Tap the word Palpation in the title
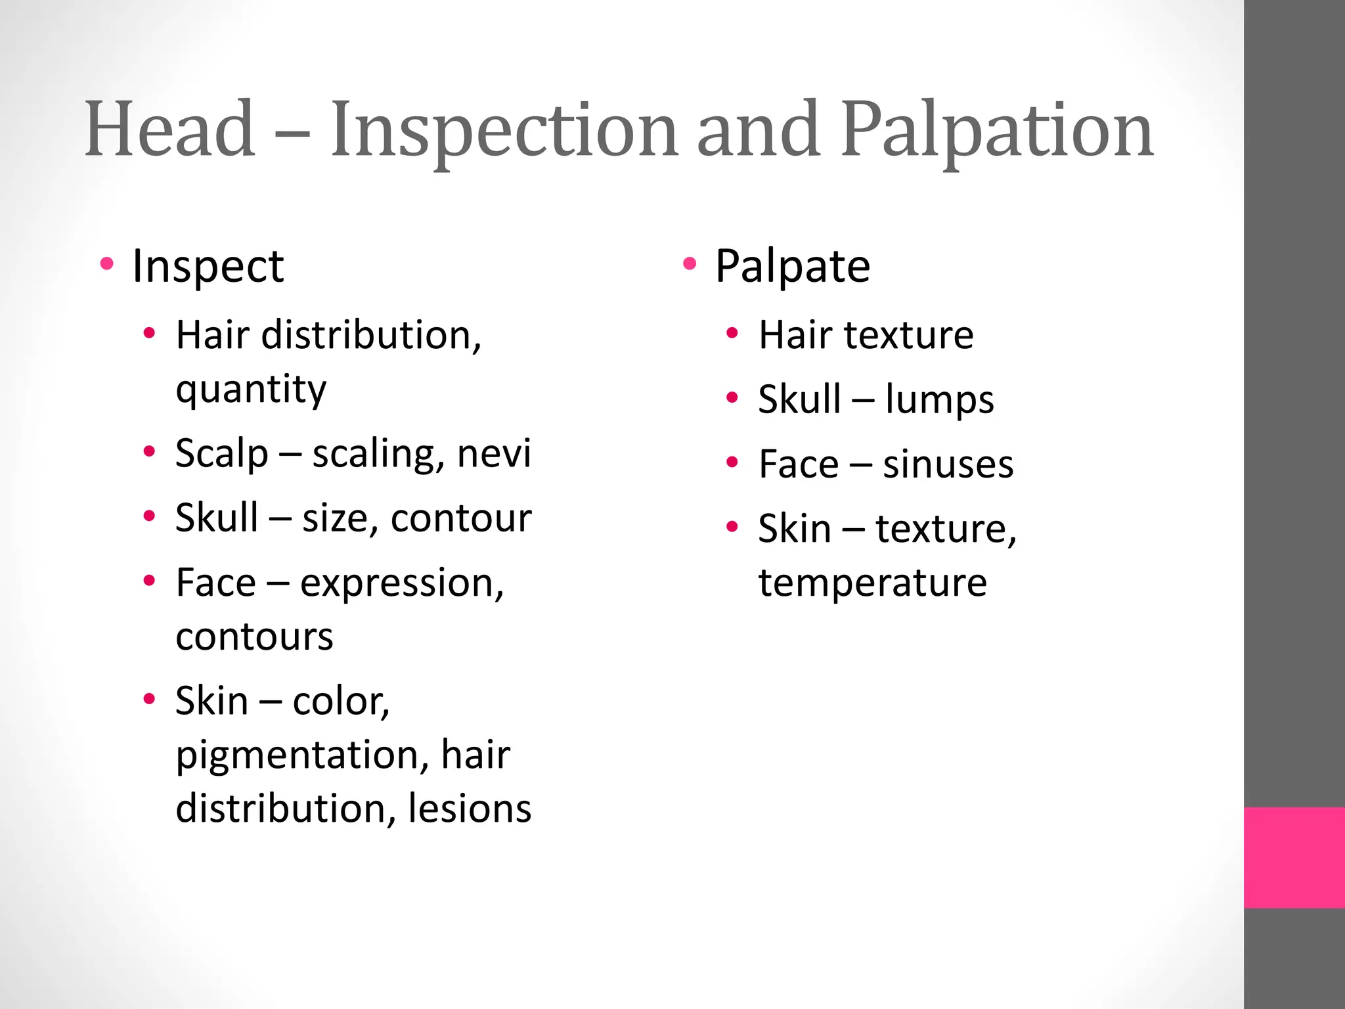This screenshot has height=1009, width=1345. point(997,131)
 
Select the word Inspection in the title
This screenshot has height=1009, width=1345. point(504,131)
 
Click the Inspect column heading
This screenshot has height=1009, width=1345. point(208,266)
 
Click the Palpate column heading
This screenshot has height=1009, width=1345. point(792,266)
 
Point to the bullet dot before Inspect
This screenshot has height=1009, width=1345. point(107,265)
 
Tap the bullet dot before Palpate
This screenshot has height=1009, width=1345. point(689,265)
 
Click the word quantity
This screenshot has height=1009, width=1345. point(251,390)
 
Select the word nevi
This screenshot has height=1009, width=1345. point(494,453)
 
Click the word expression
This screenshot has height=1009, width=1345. point(401,583)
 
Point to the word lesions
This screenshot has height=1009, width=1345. point(469,808)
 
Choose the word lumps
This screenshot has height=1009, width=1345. point(939,399)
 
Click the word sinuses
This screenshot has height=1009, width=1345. point(948,464)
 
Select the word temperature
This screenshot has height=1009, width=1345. point(872,583)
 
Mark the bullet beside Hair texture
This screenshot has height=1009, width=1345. point(733,334)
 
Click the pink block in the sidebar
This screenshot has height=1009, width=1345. point(1294,857)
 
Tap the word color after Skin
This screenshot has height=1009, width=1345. point(340,701)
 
